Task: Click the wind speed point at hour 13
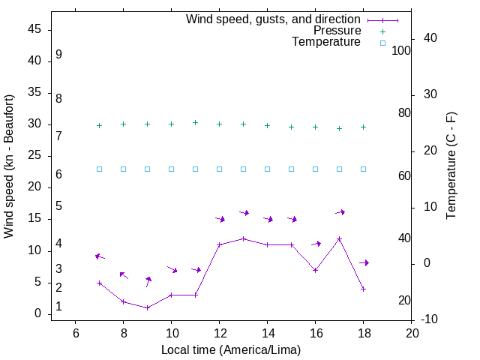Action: click(x=243, y=238)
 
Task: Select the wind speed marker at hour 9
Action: click(x=147, y=307)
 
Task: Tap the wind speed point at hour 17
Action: click(x=339, y=238)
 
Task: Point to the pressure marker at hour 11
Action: click(x=195, y=122)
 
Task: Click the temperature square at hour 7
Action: click(x=99, y=169)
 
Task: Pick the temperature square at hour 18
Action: click(x=363, y=169)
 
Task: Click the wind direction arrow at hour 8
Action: click(x=124, y=275)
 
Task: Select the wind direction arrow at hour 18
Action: click(x=364, y=262)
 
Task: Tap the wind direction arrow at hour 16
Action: click(x=316, y=244)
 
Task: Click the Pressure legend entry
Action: click(x=337, y=31)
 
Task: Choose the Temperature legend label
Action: click(x=326, y=42)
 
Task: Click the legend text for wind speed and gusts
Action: click(x=274, y=19)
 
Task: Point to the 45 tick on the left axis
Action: click(x=34, y=29)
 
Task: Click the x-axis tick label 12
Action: click(x=219, y=333)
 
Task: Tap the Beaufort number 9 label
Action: click(x=58, y=55)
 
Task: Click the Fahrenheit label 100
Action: click(x=401, y=51)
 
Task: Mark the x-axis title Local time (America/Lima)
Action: click(x=231, y=349)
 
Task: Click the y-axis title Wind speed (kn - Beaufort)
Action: click(x=9, y=166)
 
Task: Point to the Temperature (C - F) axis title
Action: click(x=451, y=166)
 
